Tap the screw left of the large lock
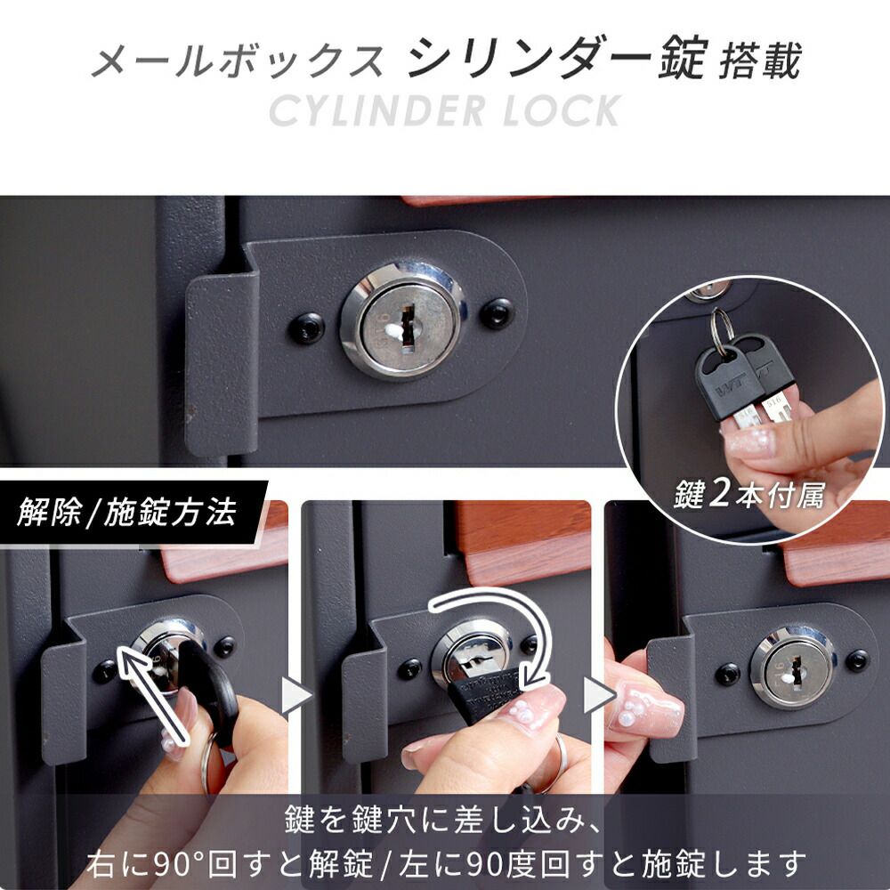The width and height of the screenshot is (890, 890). coord(307,328)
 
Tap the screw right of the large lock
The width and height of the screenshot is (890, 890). coord(498,313)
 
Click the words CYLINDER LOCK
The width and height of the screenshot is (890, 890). coord(445,110)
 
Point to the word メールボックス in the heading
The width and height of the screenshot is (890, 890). coord(239,61)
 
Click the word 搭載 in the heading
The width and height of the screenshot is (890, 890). coord(760,60)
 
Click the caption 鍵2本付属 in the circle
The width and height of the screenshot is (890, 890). coord(748,494)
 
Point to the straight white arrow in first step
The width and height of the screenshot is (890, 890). coord(151,693)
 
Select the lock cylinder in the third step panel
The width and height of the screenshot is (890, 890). coord(793,667)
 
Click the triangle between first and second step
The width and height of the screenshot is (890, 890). coord(295,695)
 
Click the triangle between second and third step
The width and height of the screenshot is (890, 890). coord(599,695)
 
